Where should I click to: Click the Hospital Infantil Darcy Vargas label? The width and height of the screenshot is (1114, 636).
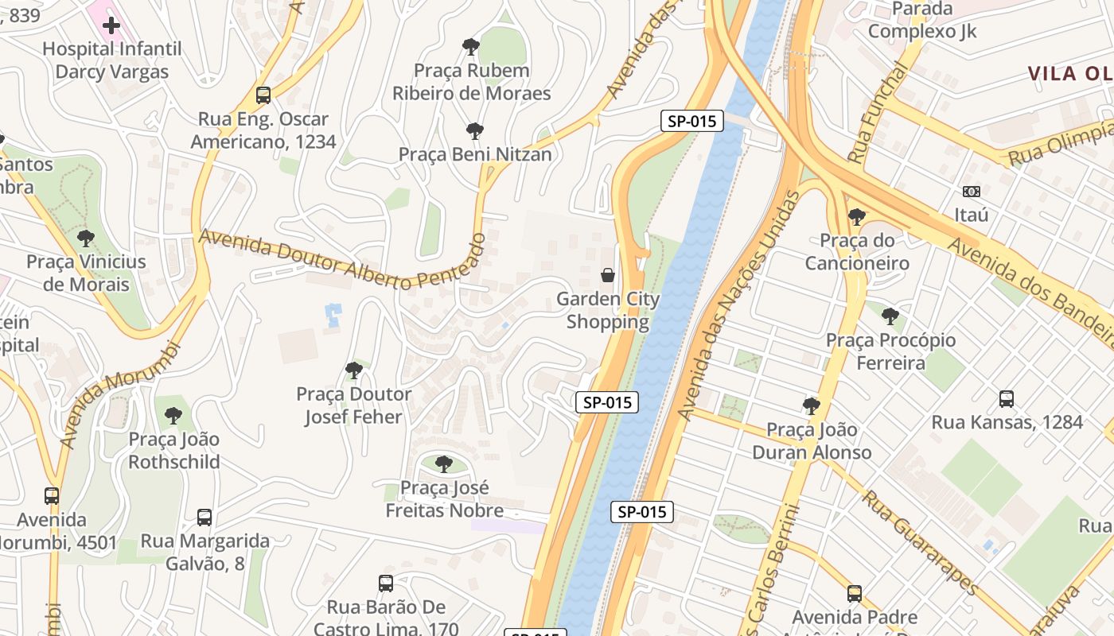point(111,60)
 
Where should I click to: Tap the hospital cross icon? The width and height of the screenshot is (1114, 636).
point(111,25)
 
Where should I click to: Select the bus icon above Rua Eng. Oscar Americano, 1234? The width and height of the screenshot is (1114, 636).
point(263,95)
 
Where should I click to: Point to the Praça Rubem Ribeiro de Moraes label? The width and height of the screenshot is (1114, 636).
point(471,82)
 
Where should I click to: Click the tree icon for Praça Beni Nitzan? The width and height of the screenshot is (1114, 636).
point(474,131)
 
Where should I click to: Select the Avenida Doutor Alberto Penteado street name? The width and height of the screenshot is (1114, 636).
point(342,260)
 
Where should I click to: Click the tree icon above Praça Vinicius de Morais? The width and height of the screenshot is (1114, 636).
point(86,238)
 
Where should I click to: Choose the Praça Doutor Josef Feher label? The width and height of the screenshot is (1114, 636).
point(354,405)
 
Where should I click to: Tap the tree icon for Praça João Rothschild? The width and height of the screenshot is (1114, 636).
point(173,415)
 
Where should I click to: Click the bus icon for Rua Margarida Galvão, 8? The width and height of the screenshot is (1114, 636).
point(204,518)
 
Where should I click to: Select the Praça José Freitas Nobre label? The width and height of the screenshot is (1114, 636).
point(444,498)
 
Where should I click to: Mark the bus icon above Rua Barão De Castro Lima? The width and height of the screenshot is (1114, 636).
point(386,584)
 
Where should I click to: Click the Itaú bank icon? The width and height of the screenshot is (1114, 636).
point(971,192)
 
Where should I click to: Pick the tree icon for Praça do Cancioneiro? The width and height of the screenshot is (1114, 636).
point(857,216)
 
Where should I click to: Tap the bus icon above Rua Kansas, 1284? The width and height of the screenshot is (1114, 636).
point(1007,399)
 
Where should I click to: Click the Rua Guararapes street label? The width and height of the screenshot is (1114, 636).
point(920,542)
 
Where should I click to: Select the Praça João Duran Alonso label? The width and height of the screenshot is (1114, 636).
point(811,441)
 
